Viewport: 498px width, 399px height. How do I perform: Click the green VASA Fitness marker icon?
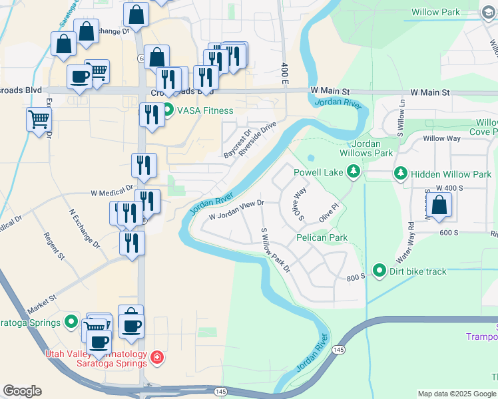(x=168, y=110)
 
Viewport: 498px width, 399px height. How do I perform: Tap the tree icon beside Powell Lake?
(x=354, y=173)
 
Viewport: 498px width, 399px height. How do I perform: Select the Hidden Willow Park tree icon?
(x=401, y=174)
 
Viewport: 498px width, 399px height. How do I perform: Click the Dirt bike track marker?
(x=379, y=271)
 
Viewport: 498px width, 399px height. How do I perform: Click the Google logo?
(x=22, y=391)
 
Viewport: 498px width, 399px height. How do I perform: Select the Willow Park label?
(x=435, y=12)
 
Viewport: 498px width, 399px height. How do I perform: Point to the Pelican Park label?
(x=323, y=237)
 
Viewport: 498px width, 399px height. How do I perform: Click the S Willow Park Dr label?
(x=276, y=250)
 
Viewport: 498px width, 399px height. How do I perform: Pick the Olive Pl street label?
(x=329, y=213)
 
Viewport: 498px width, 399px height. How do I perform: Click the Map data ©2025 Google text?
(x=456, y=394)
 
